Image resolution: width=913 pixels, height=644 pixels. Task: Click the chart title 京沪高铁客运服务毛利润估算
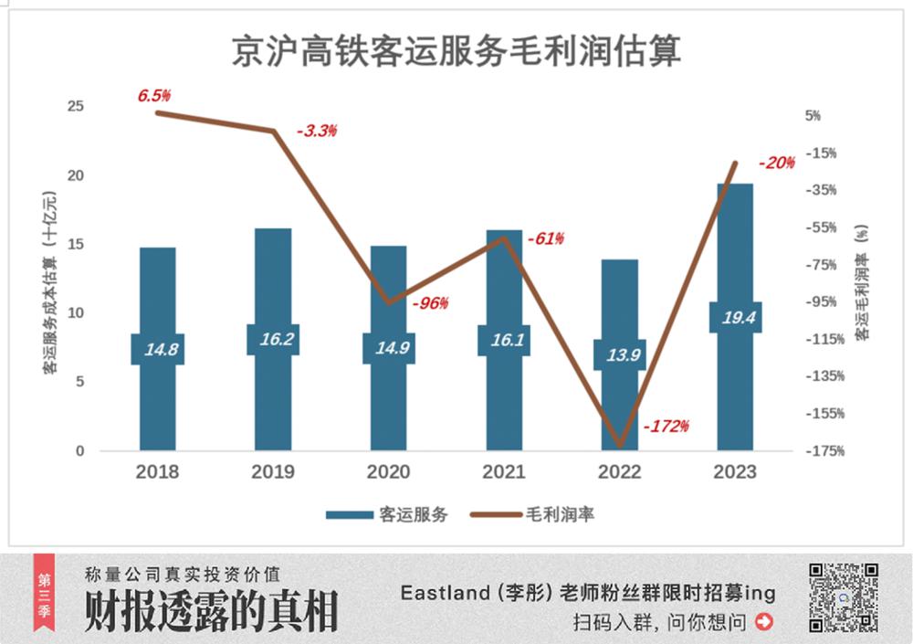point(456,51)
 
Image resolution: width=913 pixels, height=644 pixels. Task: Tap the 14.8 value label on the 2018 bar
point(157,349)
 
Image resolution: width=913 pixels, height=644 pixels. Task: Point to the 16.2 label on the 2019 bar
point(273,340)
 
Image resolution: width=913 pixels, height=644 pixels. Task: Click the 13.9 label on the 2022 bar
point(620,354)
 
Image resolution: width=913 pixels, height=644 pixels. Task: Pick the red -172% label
point(666,426)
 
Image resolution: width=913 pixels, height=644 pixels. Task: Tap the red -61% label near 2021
point(545,239)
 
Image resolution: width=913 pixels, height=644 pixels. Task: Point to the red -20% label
point(777,164)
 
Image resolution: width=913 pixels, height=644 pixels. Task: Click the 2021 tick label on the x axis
point(504,472)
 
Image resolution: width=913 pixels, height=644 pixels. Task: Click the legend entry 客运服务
point(387,514)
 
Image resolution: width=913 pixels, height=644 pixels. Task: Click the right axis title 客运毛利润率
point(861,284)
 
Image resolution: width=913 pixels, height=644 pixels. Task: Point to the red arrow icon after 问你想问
point(764,623)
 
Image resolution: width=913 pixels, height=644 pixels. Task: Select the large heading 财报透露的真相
point(211,611)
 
